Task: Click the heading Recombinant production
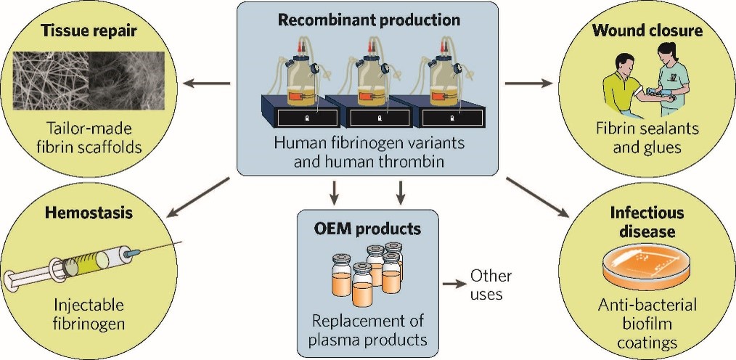[368, 20]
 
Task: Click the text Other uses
[491, 285]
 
